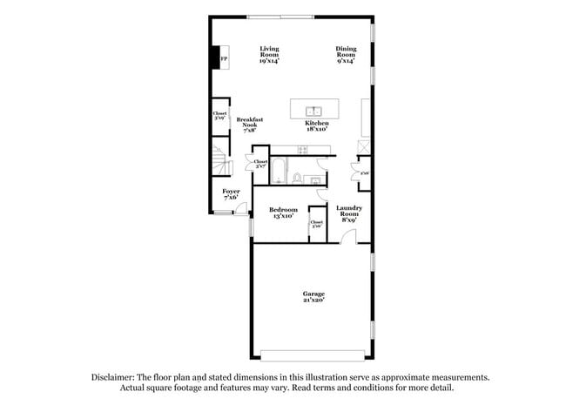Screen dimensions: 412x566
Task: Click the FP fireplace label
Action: click(x=225, y=59)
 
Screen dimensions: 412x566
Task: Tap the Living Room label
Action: click(x=269, y=55)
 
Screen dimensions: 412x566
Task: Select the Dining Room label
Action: click(x=347, y=55)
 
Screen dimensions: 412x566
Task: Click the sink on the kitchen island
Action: click(x=314, y=111)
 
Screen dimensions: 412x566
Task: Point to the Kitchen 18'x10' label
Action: click(x=316, y=127)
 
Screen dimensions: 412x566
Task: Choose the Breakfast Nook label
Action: click(x=250, y=125)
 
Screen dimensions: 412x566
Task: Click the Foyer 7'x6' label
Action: click(x=231, y=194)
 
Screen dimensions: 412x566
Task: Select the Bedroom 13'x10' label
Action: click(x=283, y=213)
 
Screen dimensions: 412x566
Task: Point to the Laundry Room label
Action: click(x=348, y=213)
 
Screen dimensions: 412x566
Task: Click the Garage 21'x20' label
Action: click(x=313, y=297)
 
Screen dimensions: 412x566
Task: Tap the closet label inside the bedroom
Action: click(x=316, y=224)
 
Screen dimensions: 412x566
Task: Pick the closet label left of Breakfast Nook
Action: click(x=220, y=116)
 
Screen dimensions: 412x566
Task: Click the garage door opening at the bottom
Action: click(x=314, y=355)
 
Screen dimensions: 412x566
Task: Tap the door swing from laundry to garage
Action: click(x=347, y=237)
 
